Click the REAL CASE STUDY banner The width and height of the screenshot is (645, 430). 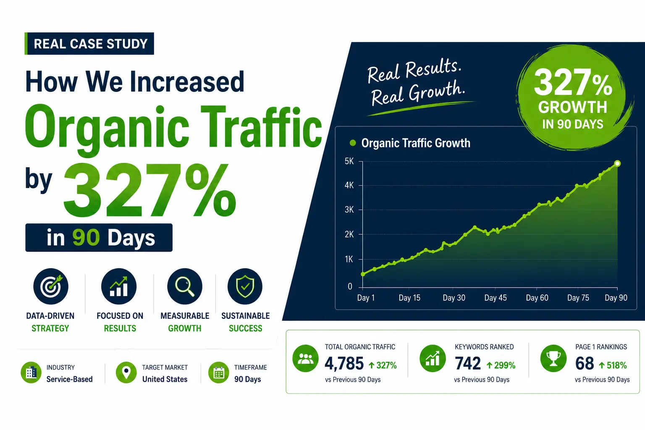tap(89, 44)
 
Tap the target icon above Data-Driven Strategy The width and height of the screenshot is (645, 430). tap(51, 286)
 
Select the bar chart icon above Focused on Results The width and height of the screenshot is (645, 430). tap(119, 286)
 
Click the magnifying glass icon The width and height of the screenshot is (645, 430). tap(185, 286)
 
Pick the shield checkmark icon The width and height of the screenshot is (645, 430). tap(245, 286)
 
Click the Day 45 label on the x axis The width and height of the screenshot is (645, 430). tap(495, 298)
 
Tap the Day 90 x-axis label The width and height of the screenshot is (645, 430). tap(616, 298)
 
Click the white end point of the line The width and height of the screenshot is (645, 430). tap(617, 164)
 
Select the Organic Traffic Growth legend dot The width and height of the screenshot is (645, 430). tap(352, 143)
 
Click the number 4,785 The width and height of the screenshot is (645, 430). tap(344, 363)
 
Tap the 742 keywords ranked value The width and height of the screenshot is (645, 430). tap(468, 363)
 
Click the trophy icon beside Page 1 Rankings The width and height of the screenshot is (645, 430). tap(553, 359)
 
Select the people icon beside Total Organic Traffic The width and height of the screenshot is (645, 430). tap(305, 359)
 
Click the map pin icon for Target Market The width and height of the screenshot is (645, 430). tap(126, 372)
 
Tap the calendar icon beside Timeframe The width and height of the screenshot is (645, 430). tap(218, 372)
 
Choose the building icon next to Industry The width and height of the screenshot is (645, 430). tap(31, 372)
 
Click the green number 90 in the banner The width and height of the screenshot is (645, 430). tap(86, 238)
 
